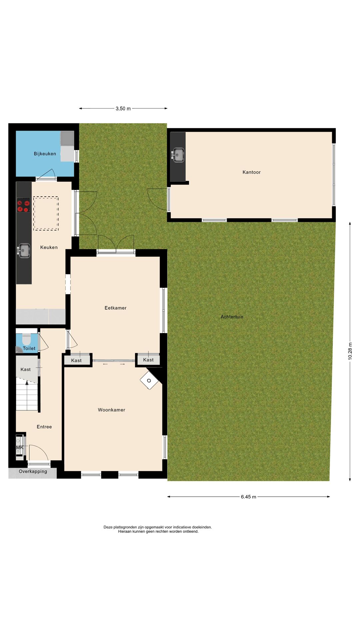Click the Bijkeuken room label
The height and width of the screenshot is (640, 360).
click(x=45, y=154)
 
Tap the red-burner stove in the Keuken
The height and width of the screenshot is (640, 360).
click(x=23, y=205)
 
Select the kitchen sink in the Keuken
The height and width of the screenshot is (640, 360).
click(x=24, y=251)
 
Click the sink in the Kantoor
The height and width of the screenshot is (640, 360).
click(x=178, y=155)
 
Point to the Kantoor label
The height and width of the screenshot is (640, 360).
click(x=251, y=172)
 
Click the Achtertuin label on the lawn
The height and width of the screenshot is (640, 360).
click(x=232, y=317)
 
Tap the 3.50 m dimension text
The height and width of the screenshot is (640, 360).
click(x=123, y=109)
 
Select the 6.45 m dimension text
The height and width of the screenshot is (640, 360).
click(x=248, y=497)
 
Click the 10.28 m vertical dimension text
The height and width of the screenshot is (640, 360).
click(x=350, y=351)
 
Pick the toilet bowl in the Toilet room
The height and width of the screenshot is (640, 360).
click(x=26, y=340)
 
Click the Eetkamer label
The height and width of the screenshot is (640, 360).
click(x=115, y=308)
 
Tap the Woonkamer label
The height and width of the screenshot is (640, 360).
click(x=111, y=410)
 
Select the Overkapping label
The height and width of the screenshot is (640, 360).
click(x=33, y=471)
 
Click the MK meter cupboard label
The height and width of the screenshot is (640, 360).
click(x=20, y=447)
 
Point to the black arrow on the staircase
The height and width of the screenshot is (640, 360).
click(x=27, y=383)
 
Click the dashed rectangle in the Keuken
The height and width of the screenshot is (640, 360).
click(x=46, y=213)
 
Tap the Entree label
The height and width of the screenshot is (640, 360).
click(x=44, y=427)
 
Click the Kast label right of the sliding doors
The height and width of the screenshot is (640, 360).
click(x=148, y=360)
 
